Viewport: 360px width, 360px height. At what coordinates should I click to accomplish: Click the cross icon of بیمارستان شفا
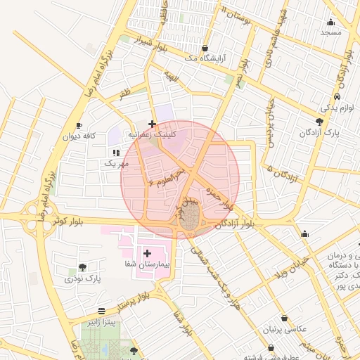[x=148, y=252]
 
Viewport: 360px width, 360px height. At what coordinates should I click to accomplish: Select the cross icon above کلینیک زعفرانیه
[x=152, y=124]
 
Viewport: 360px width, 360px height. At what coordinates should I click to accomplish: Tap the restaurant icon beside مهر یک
[x=115, y=152]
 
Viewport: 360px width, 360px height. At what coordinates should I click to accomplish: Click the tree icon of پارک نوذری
[x=83, y=267]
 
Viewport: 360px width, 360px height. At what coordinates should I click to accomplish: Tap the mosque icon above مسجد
[x=330, y=21]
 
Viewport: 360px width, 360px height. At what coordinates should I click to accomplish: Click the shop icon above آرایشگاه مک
[x=205, y=49]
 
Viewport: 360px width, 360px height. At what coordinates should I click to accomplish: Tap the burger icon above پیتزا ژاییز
[x=102, y=310]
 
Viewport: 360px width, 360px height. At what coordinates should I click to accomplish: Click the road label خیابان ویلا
[x=292, y=267]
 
